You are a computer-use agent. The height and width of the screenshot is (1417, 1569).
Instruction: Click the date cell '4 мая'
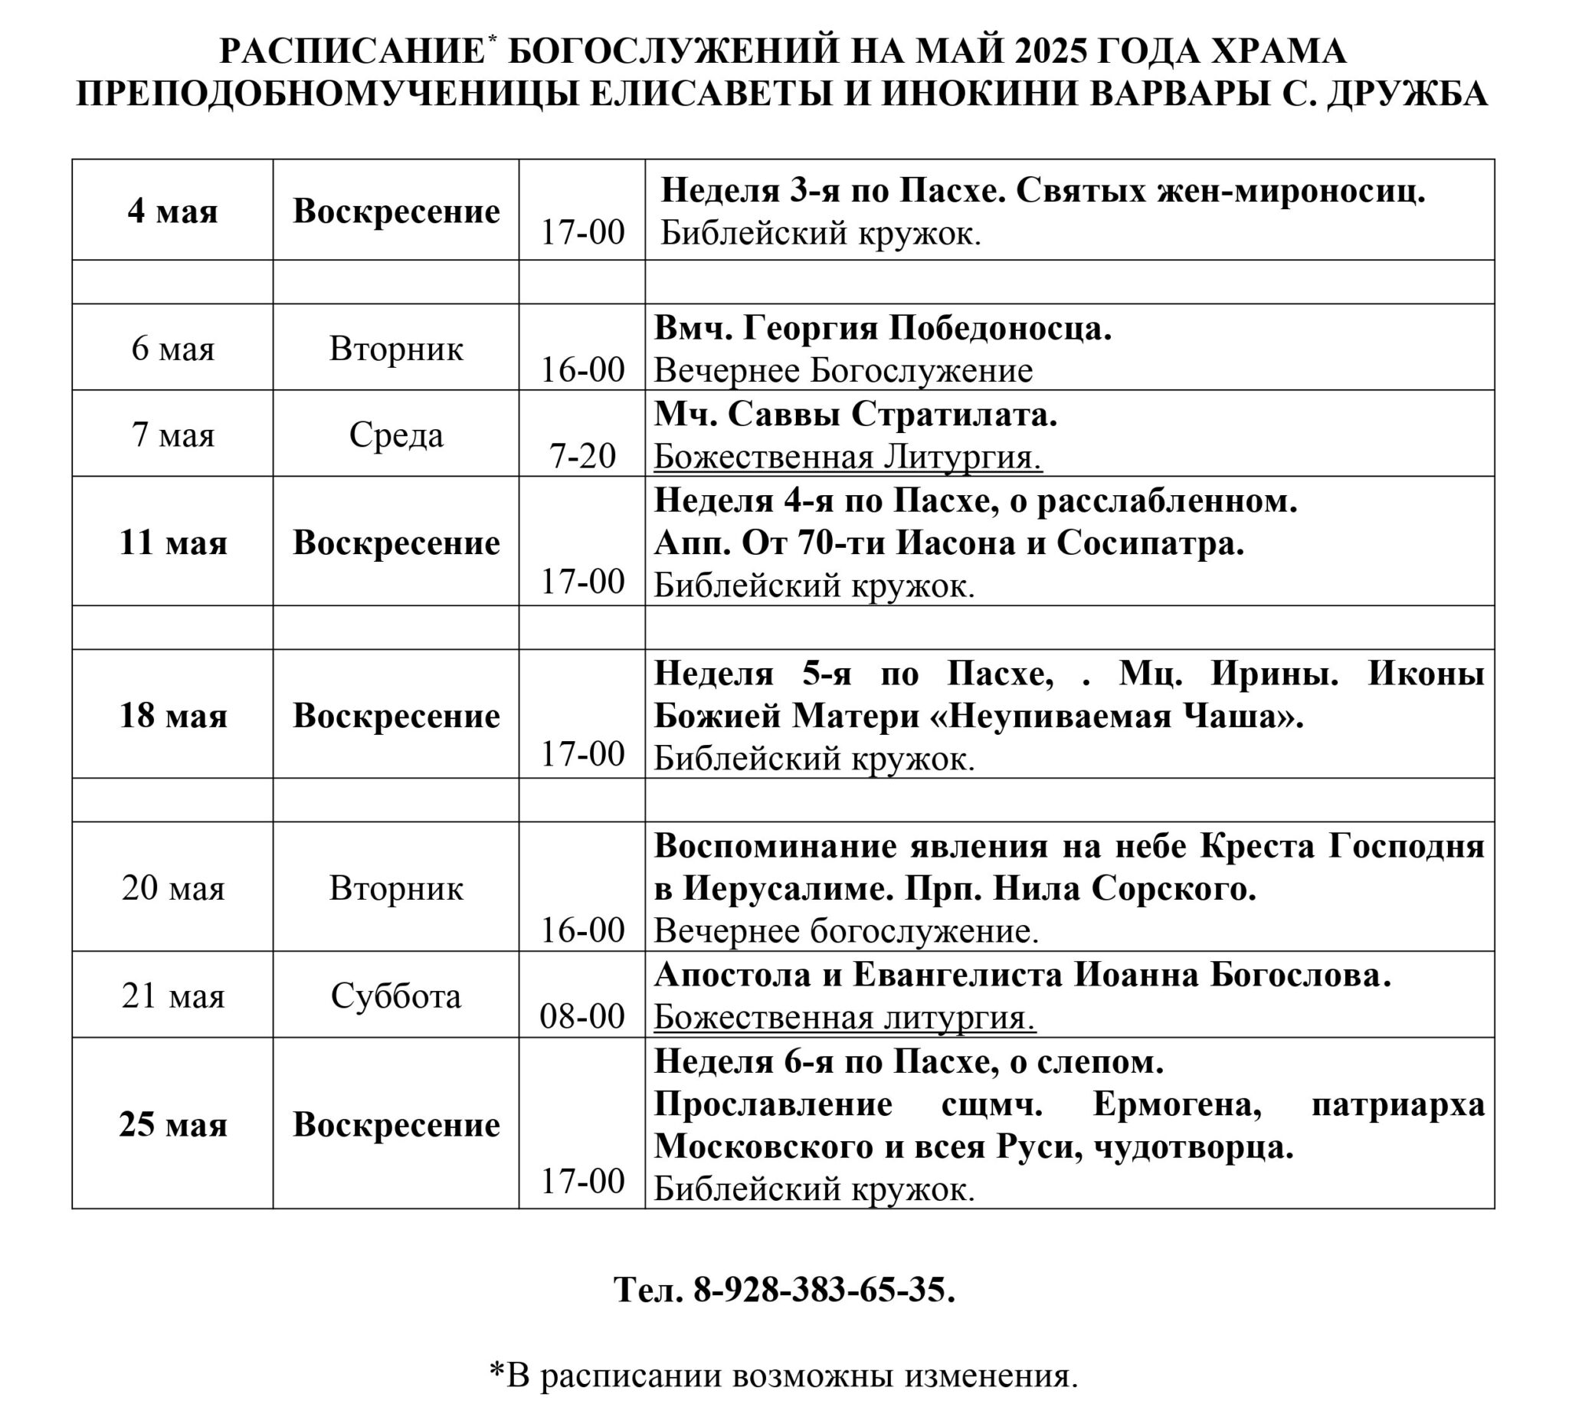pos(173,212)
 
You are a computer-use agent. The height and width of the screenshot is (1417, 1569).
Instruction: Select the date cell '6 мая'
pos(173,348)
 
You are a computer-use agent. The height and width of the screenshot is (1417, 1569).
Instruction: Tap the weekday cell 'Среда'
pos(396,435)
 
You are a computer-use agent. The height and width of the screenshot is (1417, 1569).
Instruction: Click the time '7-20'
pos(582,455)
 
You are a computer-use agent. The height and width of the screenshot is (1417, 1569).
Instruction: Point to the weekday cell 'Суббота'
pos(396,996)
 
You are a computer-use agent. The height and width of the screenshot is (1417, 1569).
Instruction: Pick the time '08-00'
pos(582,1017)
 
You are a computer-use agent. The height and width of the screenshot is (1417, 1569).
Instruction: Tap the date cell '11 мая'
pos(173,543)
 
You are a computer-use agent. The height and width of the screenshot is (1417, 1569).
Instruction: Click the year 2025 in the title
pos(1050,51)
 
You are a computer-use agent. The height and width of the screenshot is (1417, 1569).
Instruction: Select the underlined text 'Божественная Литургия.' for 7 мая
pos(847,457)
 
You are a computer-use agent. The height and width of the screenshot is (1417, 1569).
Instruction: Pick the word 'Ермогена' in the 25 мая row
pos(1177,1105)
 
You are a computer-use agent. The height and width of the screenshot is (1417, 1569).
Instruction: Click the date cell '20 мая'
pos(173,888)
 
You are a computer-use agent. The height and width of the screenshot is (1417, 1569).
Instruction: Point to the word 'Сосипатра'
pos(1150,543)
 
